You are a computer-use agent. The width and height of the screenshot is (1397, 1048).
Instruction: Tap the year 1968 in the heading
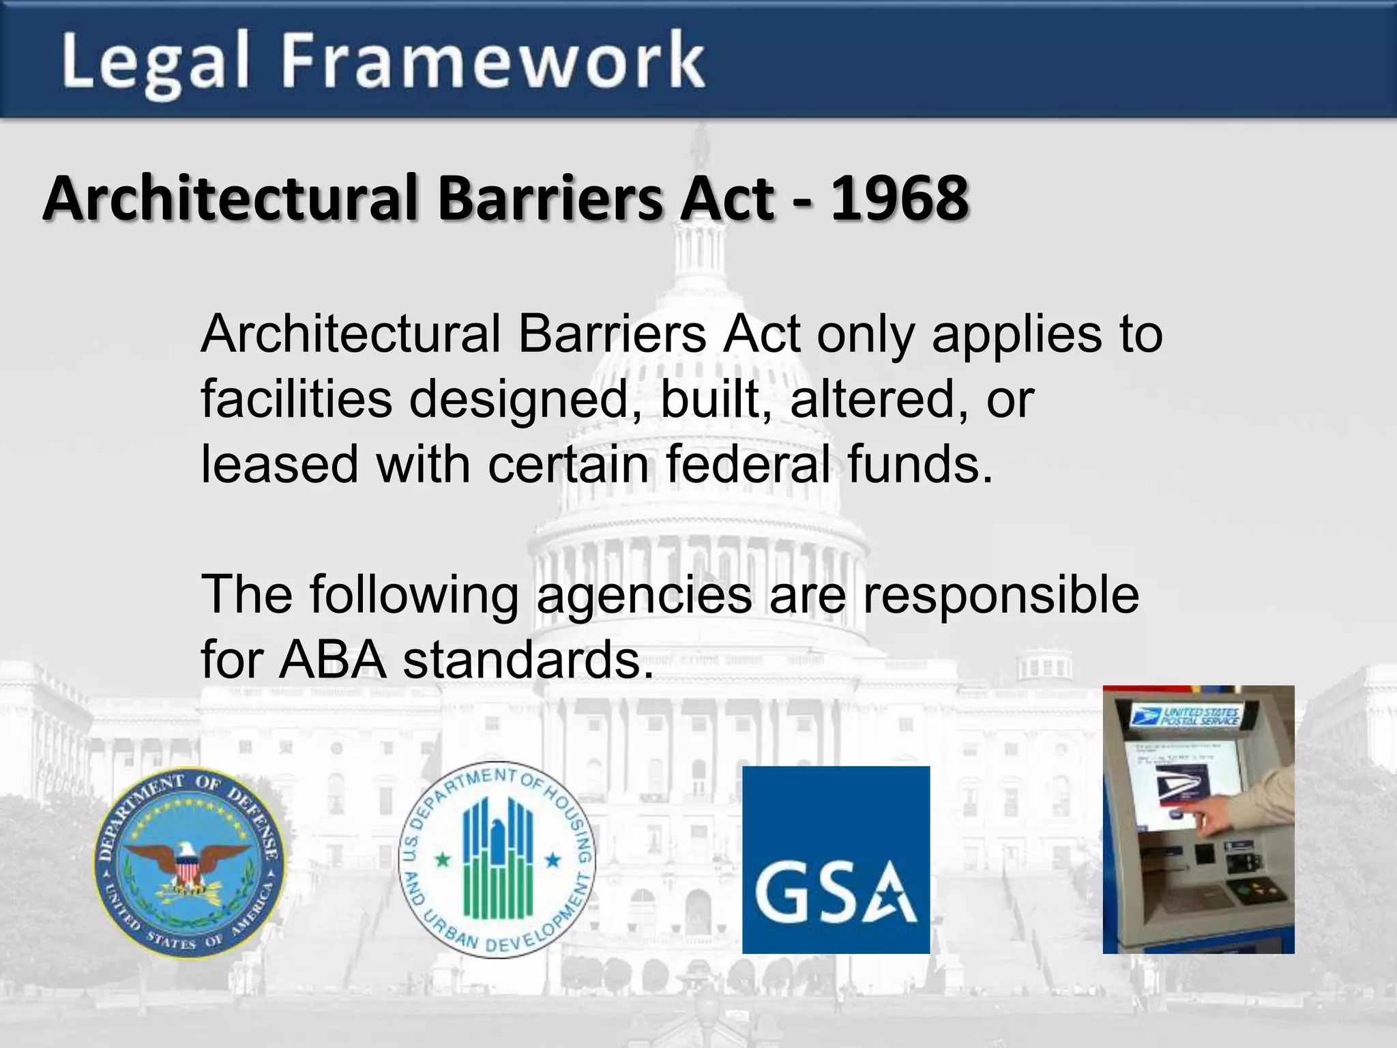coord(899,199)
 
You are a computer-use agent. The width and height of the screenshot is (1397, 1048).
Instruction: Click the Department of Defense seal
coord(189,861)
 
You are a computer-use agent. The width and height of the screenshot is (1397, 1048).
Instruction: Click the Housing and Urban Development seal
coord(497,860)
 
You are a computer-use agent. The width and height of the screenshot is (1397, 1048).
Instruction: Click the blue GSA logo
coord(836,860)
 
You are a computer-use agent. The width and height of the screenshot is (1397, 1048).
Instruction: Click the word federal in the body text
coord(748,465)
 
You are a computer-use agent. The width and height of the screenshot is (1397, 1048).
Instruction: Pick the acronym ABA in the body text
coord(332,660)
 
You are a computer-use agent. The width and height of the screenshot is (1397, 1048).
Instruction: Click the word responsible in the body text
coord(1001,595)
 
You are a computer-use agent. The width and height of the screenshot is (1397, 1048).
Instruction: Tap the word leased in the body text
coord(280,465)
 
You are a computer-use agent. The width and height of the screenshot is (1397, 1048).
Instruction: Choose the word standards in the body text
coord(528,660)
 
